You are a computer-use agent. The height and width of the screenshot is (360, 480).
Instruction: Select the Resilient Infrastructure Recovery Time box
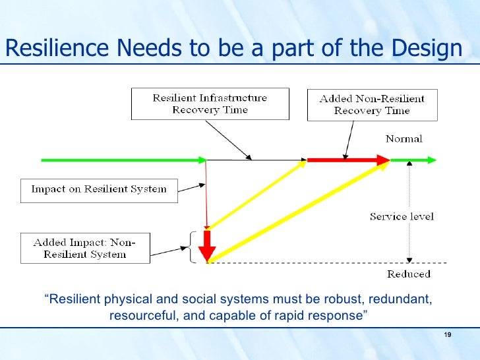pos(210,104)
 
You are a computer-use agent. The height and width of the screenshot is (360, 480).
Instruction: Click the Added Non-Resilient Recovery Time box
pos(372,105)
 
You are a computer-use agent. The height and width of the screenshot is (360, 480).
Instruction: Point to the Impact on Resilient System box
pos(99,190)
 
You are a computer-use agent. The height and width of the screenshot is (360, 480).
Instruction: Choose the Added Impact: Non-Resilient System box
pos(84,248)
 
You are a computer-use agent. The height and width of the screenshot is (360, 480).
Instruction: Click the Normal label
pos(404,139)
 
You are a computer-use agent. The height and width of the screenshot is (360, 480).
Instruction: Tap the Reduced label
pos(409,274)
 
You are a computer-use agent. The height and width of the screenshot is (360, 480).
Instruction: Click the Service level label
pos(402,216)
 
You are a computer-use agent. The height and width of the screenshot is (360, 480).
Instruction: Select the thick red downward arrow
pos(208,245)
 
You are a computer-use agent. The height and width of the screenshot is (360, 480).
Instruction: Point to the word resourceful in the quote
pos(143,315)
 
